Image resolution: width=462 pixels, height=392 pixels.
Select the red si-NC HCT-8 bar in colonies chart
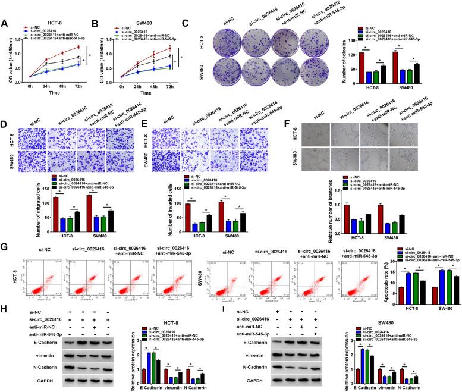[x=362, y=62]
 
